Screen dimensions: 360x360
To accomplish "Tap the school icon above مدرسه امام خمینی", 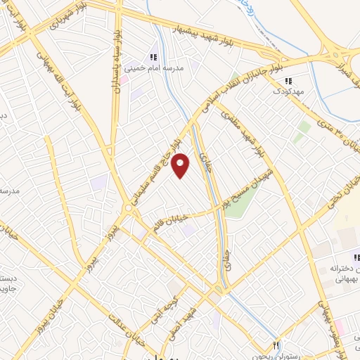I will point(152,57).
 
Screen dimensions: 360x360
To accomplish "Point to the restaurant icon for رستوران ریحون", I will point(276,345).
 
